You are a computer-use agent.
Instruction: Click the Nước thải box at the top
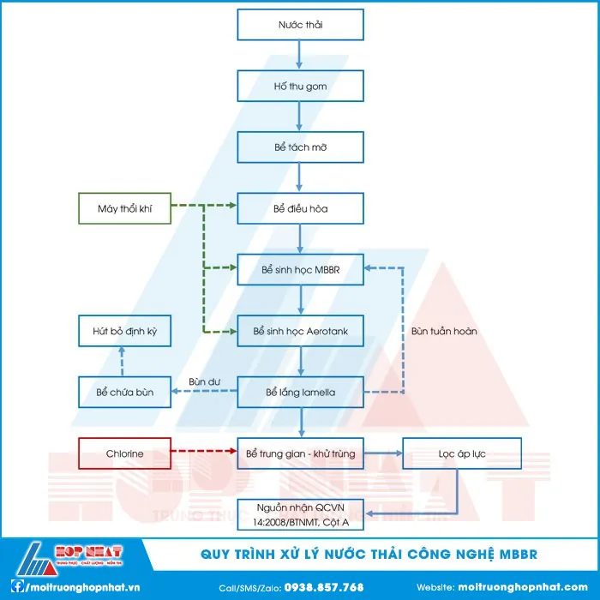(x=300, y=25)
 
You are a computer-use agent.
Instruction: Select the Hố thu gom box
(x=300, y=87)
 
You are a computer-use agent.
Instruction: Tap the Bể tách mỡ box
(x=300, y=147)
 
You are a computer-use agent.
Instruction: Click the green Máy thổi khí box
(x=125, y=208)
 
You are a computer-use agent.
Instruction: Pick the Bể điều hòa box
(x=300, y=208)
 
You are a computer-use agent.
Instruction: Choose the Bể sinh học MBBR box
(x=300, y=270)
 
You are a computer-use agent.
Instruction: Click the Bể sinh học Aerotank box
(x=300, y=331)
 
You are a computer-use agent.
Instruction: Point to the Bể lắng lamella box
(x=300, y=393)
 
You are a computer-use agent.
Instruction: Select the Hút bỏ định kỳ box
(x=125, y=331)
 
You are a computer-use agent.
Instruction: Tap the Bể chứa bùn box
(x=125, y=393)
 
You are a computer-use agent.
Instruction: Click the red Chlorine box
(x=125, y=453)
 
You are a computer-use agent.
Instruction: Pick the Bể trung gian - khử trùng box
(x=300, y=453)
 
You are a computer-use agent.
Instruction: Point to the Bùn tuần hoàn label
(x=444, y=331)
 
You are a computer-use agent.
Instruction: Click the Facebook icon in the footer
(x=16, y=587)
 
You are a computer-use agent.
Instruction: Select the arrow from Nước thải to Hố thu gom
(x=299, y=56)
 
